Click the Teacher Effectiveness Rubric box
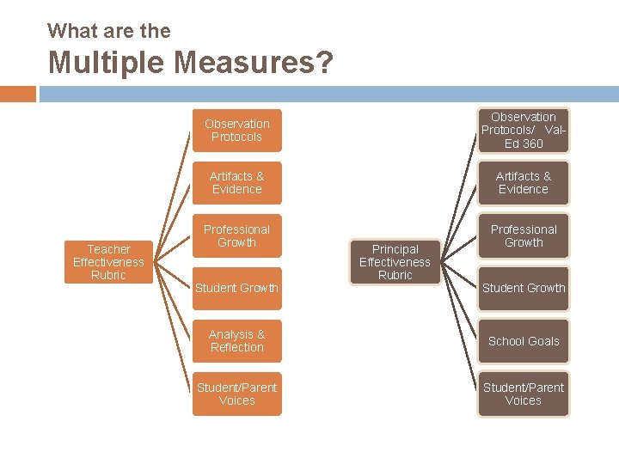click(109, 262)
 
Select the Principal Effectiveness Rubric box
click(395, 262)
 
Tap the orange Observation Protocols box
click(236, 131)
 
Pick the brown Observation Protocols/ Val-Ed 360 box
click(524, 131)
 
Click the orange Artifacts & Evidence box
click(236, 183)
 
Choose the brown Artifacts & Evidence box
click(524, 183)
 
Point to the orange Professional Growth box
click(236, 236)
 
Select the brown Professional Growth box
click(524, 236)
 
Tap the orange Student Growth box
click(236, 288)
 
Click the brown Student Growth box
click(524, 288)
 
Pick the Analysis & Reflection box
click(236, 341)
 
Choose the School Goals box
click(524, 341)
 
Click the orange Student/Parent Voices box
click(236, 394)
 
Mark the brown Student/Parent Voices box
click(524, 394)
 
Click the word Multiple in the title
click(107, 64)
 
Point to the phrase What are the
click(109, 31)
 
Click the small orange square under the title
click(18, 94)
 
